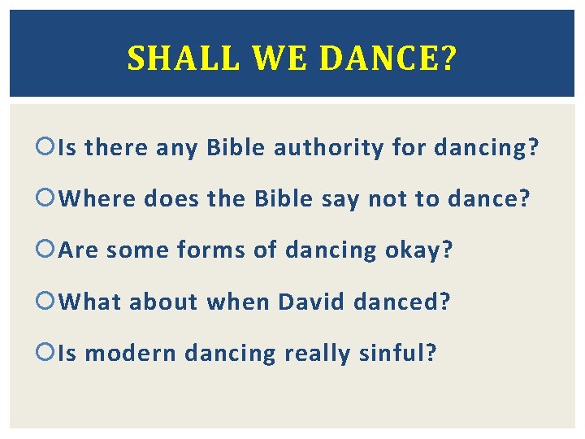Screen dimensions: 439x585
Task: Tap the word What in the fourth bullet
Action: point(91,302)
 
